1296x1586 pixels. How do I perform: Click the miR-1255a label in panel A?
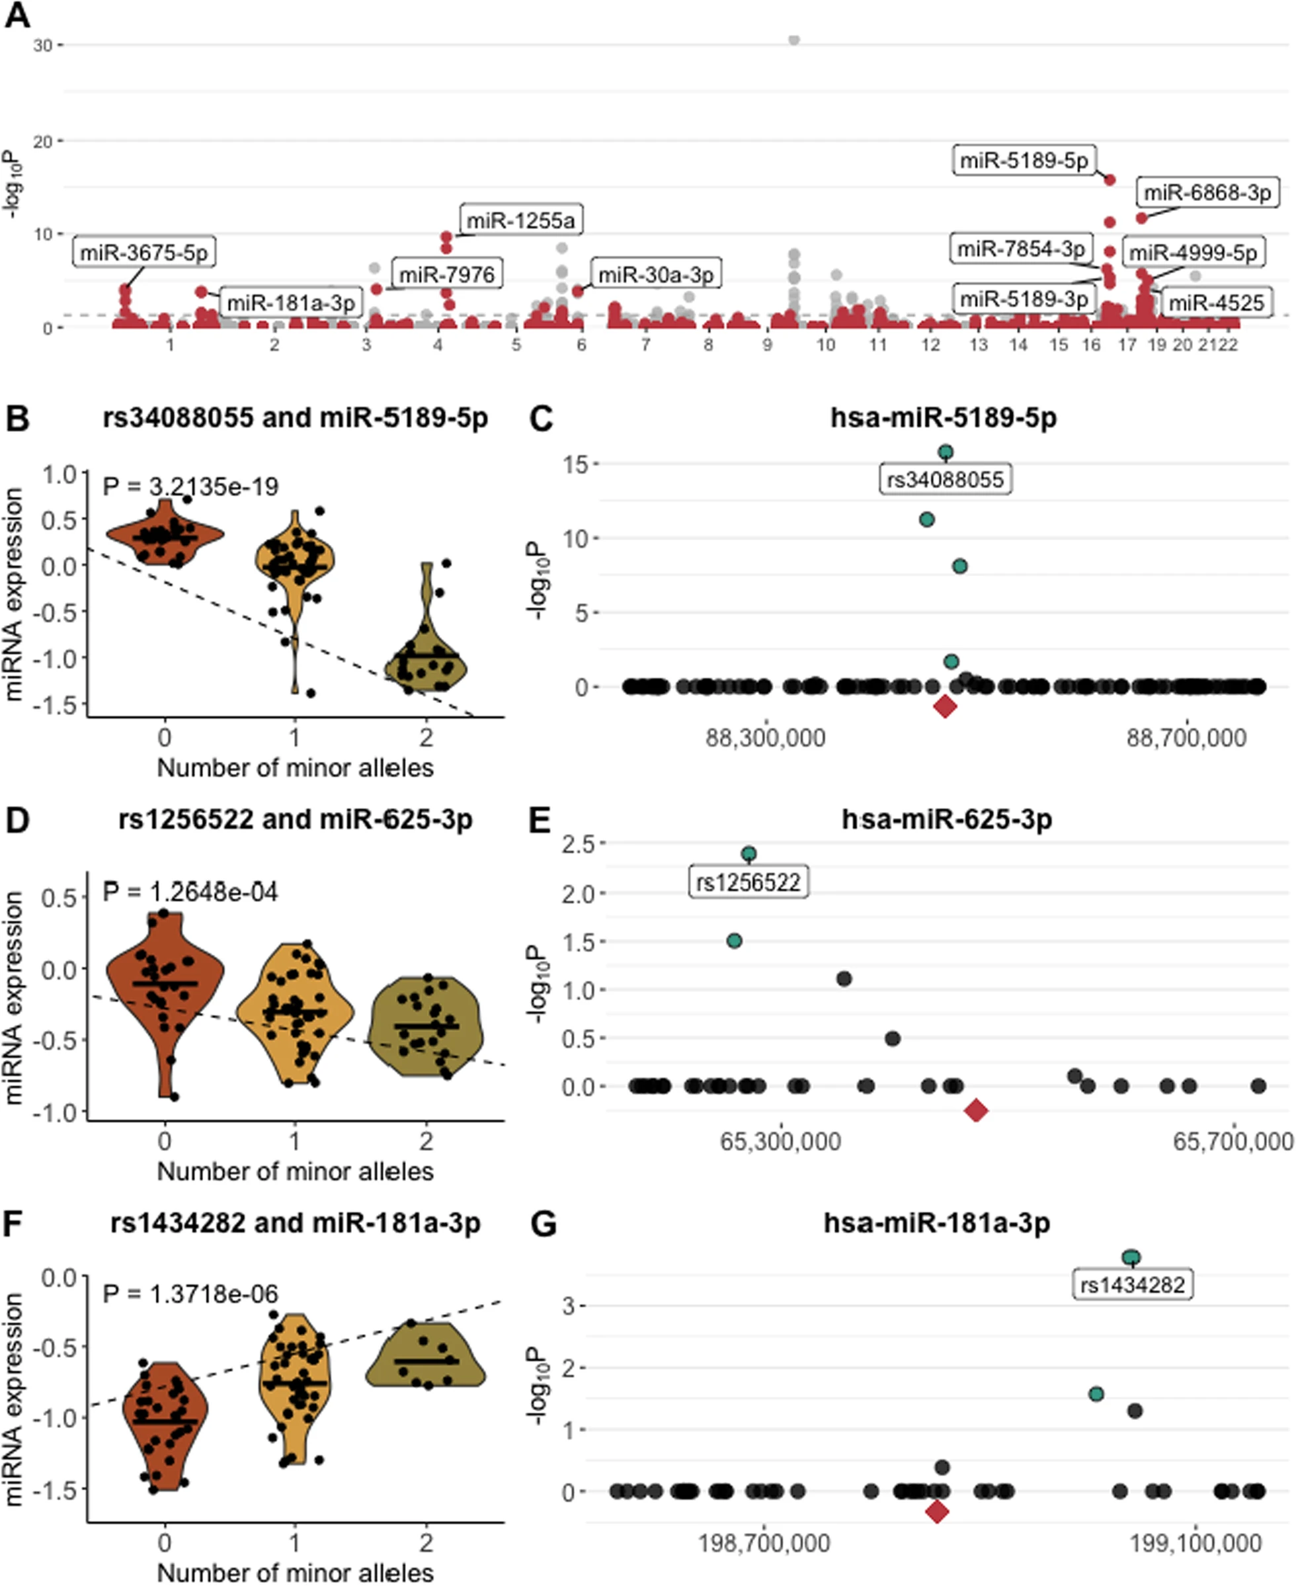(x=520, y=220)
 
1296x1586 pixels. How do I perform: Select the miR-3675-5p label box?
(x=144, y=253)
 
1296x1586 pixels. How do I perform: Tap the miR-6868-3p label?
(x=1207, y=192)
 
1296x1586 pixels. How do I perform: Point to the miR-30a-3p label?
(x=655, y=274)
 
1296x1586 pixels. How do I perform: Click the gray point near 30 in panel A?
(x=793, y=40)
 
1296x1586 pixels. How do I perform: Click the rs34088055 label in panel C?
(x=945, y=480)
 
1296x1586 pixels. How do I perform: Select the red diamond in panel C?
(x=945, y=706)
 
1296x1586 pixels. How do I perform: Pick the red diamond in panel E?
(x=976, y=1111)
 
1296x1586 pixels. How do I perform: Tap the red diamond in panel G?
(x=937, y=1512)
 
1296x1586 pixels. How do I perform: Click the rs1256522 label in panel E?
(x=748, y=882)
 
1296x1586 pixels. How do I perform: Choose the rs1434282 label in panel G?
(x=1133, y=1285)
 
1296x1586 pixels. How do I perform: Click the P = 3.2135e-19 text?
(x=190, y=487)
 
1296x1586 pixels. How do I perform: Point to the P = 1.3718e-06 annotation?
(x=190, y=1293)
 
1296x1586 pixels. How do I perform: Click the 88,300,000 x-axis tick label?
(x=765, y=737)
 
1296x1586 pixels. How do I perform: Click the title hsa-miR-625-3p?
(x=947, y=820)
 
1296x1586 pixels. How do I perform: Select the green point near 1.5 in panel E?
(x=734, y=941)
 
